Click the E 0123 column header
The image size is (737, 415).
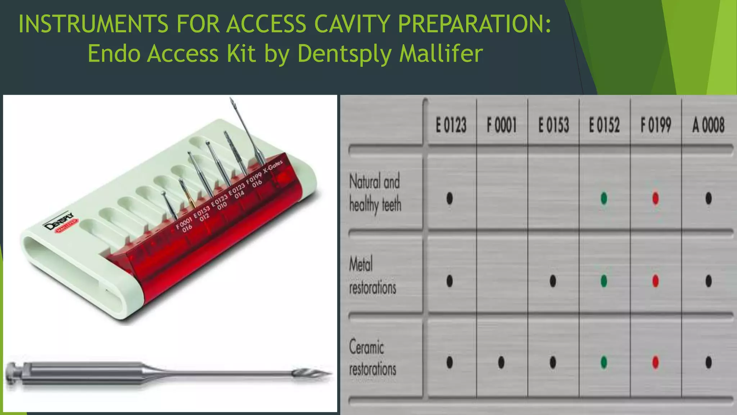(451, 125)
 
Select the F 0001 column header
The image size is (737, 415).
(502, 125)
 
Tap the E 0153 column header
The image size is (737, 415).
(553, 125)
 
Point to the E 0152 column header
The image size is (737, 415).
(604, 125)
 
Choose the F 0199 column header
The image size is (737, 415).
(656, 125)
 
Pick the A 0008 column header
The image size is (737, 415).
(708, 125)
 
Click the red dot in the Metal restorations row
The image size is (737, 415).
(655, 281)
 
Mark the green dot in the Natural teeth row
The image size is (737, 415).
(604, 198)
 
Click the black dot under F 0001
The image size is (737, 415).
(501, 362)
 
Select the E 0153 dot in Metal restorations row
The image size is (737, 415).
(553, 281)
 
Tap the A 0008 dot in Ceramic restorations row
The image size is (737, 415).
(708, 362)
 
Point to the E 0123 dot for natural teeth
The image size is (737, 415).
(449, 198)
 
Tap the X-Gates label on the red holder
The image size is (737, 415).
(273, 167)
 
